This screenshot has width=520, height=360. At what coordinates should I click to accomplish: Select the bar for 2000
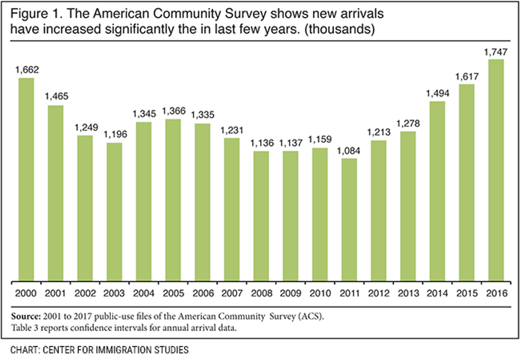pyautogui.click(x=27, y=181)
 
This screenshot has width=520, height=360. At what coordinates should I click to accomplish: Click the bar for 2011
pyautogui.click(x=349, y=220)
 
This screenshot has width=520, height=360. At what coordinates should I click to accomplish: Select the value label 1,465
pyautogui.click(x=56, y=97)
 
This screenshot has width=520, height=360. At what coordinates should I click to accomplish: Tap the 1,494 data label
pyautogui.click(x=437, y=93)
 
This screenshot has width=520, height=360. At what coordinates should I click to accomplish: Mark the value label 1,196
pyautogui.click(x=115, y=134)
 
